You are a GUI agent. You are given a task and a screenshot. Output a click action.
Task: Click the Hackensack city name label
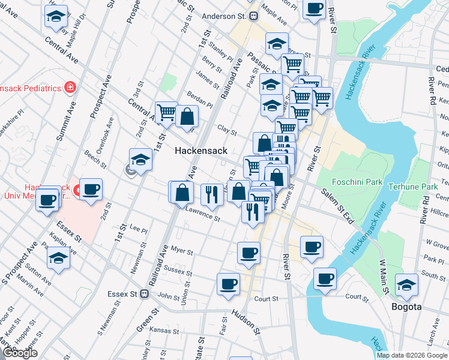tap(200, 151)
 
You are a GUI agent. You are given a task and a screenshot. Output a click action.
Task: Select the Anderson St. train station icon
tap(254, 16)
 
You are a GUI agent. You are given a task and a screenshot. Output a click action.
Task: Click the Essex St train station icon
tap(144, 294)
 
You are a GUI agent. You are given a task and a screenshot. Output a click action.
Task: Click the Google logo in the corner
tap(20, 353)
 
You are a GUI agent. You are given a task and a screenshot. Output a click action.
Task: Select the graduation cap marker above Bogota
tap(406, 286)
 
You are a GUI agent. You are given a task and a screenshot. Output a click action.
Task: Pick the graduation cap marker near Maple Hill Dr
tap(56, 17)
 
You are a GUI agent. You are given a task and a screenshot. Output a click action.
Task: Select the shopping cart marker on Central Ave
tap(166, 112)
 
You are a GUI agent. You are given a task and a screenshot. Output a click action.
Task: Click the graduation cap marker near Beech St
tap(140, 160)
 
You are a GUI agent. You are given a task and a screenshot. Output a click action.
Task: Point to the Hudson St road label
tap(245, 322)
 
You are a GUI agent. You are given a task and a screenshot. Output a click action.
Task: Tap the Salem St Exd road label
tap(337, 205)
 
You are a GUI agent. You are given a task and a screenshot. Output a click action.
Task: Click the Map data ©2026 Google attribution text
tap(412, 355)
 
